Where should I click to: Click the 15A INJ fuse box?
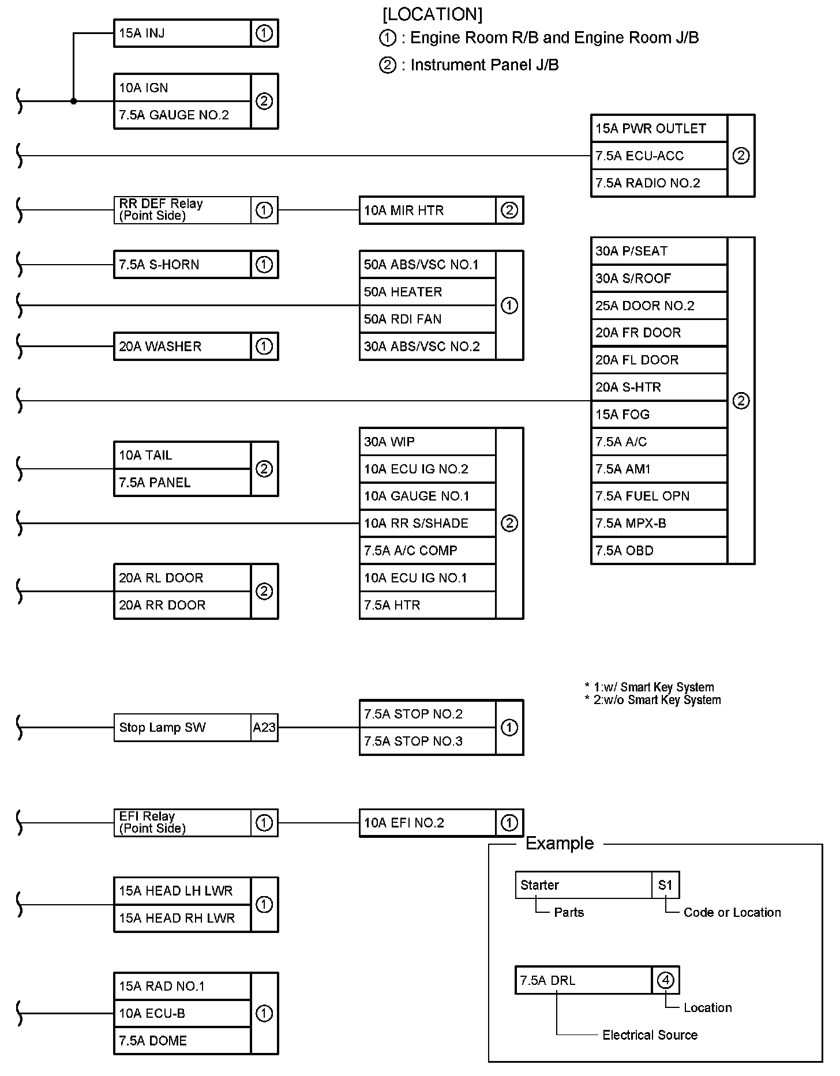(x=182, y=33)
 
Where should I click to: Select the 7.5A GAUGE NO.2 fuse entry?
(x=182, y=115)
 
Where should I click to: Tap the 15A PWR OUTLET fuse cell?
(x=659, y=129)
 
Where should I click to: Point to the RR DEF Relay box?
(x=182, y=210)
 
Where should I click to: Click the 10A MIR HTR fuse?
(x=427, y=210)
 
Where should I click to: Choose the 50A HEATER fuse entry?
(x=427, y=292)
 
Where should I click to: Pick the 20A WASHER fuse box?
(x=182, y=347)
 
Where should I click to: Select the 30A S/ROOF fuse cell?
(x=659, y=279)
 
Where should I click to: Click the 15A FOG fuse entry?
(x=659, y=415)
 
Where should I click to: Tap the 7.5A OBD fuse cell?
(x=659, y=551)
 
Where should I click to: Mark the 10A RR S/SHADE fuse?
(x=427, y=524)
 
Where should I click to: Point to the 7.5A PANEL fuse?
(x=182, y=483)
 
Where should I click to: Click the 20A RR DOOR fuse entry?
(x=182, y=605)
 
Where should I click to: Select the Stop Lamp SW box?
(x=182, y=728)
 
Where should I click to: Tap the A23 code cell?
(x=264, y=728)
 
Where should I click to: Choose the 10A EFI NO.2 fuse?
(x=427, y=823)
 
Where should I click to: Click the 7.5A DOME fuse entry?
(x=182, y=1041)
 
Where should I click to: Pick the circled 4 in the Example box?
(x=666, y=980)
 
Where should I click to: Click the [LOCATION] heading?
(x=432, y=14)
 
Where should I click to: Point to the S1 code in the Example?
(x=665, y=885)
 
